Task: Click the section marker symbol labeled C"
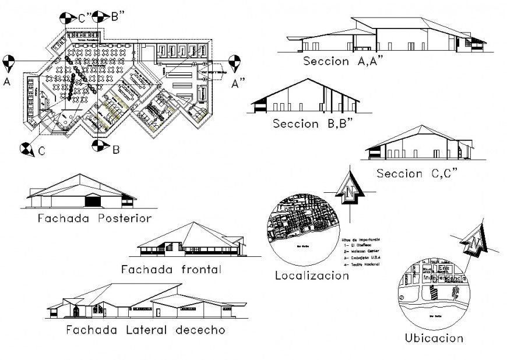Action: (x=68, y=17)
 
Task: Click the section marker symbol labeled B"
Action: (x=100, y=16)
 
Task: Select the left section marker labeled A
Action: (x=8, y=61)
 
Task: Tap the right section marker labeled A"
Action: (x=235, y=61)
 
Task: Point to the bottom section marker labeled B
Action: (x=99, y=147)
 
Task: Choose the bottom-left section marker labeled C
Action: (x=26, y=149)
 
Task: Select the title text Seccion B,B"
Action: (x=312, y=123)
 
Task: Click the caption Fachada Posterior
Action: (x=94, y=219)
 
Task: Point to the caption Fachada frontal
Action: (x=171, y=269)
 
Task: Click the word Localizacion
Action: (x=311, y=276)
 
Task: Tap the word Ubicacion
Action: (x=434, y=338)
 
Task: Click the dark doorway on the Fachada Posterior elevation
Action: (x=93, y=202)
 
